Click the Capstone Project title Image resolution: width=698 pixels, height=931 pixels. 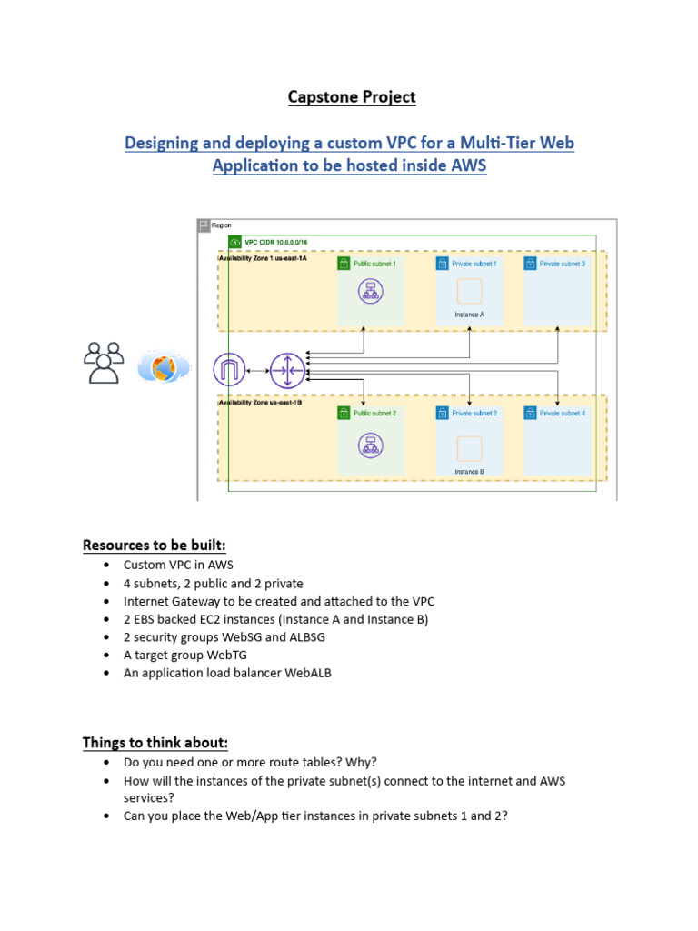click(351, 96)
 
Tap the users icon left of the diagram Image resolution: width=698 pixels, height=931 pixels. click(103, 362)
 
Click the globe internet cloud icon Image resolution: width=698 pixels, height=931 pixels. click(165, 367)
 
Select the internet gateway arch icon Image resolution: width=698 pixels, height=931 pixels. click(230, 370)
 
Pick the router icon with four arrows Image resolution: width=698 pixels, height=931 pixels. click(288, 370)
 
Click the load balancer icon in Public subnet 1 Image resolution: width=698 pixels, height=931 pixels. click(370, 291)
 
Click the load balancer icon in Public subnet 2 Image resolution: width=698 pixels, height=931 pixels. click(370, 445)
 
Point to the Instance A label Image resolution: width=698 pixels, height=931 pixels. click(469, 315)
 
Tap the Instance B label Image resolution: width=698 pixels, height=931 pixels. click(469, 472)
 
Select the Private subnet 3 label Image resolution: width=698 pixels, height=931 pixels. click(563, 264)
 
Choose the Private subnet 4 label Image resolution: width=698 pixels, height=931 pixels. click(563, 413)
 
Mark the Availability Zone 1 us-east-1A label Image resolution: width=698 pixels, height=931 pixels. click(264, 259)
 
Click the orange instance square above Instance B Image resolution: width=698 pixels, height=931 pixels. click(469, 448)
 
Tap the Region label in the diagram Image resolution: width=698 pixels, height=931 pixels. click(222, 225)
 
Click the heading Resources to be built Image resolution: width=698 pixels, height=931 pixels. click(154, 545)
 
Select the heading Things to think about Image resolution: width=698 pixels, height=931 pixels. click(155, 743)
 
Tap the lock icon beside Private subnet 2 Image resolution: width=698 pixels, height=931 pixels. click(439, 413)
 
